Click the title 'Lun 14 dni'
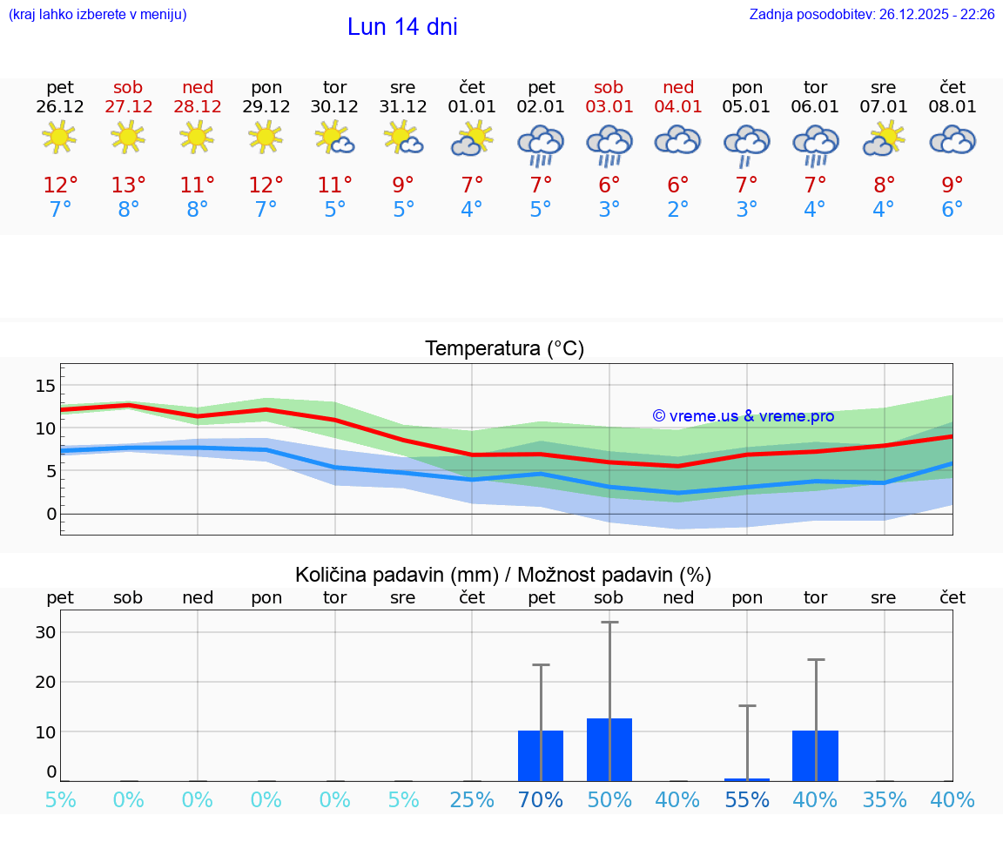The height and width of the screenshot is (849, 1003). coord(402,27)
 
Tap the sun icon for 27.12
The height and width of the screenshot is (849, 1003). coord(128,138)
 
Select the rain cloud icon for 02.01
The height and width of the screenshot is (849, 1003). coord(541,144)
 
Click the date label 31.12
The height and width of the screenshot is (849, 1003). coord(403,107)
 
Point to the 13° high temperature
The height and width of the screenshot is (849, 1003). coord(128,185)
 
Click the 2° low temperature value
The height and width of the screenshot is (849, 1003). coord(677,210)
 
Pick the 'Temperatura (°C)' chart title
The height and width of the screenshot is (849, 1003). coord(504,349)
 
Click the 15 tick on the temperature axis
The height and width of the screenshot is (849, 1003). coord(45,386)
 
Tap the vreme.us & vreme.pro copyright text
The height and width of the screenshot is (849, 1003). coord(743,416)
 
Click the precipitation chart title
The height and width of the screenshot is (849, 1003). coord(503,575)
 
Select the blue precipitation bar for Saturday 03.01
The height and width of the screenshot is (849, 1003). coord(609,750)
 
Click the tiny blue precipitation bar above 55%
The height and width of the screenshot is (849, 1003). coord(746,779)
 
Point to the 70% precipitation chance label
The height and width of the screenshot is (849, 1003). coord(541,799)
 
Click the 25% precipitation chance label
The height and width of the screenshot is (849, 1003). coord(472,799)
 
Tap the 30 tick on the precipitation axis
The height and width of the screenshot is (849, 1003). coord(45,632)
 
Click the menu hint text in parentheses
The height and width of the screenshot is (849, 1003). coord(98,15)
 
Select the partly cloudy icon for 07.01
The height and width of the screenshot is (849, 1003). coord(884,139)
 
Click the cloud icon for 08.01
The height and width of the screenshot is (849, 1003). coord(953,139)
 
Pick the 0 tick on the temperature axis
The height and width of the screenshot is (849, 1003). coord(50,514)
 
